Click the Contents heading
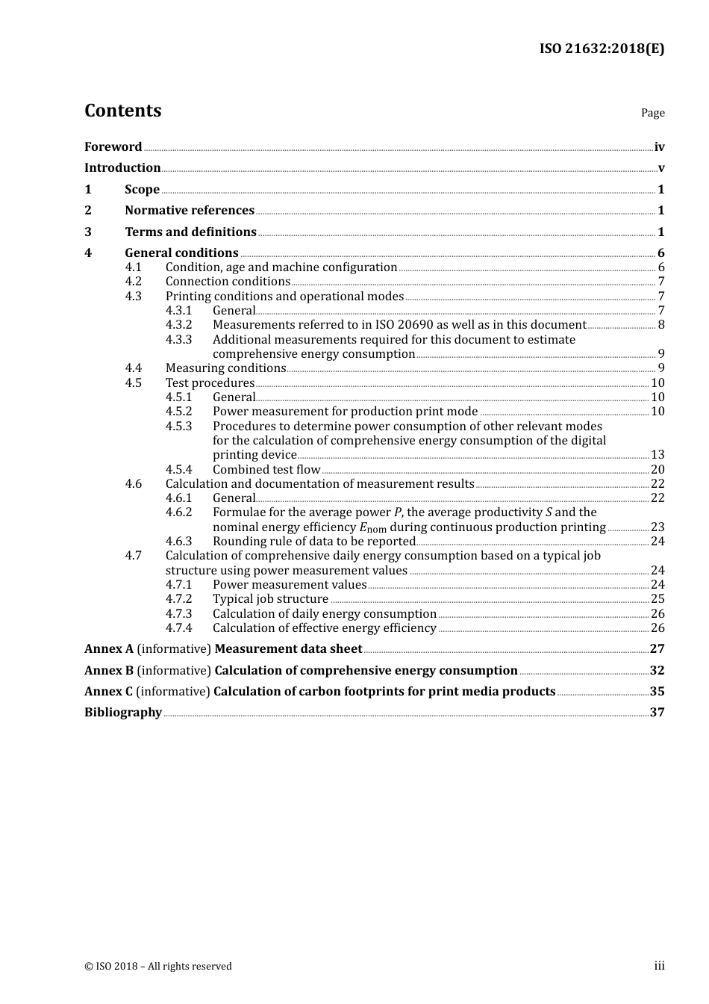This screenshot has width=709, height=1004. click(122, 111)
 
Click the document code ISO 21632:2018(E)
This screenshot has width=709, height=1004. click(602, 49)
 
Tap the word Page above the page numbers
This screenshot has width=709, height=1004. click(652, 113)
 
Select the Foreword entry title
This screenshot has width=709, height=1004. click(113, 147)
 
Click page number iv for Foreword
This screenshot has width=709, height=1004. click(659, 147)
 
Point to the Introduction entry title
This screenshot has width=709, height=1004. click(122, 168)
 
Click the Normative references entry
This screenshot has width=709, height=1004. click(190, 211)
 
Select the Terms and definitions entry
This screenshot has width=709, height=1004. click(190, 232)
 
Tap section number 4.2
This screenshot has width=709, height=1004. click(133, 282)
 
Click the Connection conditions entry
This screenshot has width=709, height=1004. click(228, 282)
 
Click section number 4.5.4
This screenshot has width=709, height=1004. click(178, 470)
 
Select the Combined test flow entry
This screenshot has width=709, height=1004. click(266, 470)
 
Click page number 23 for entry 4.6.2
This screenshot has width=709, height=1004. click(658, 527)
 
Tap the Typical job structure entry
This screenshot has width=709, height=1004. click(270, 599)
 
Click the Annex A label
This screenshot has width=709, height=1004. click(109, 649)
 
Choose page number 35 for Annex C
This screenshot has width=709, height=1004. click(657, 692)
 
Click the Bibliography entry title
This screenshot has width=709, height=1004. click(123, 713)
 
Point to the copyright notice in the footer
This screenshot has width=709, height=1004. click(158, 967)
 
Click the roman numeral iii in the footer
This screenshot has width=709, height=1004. click(659, 967)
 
